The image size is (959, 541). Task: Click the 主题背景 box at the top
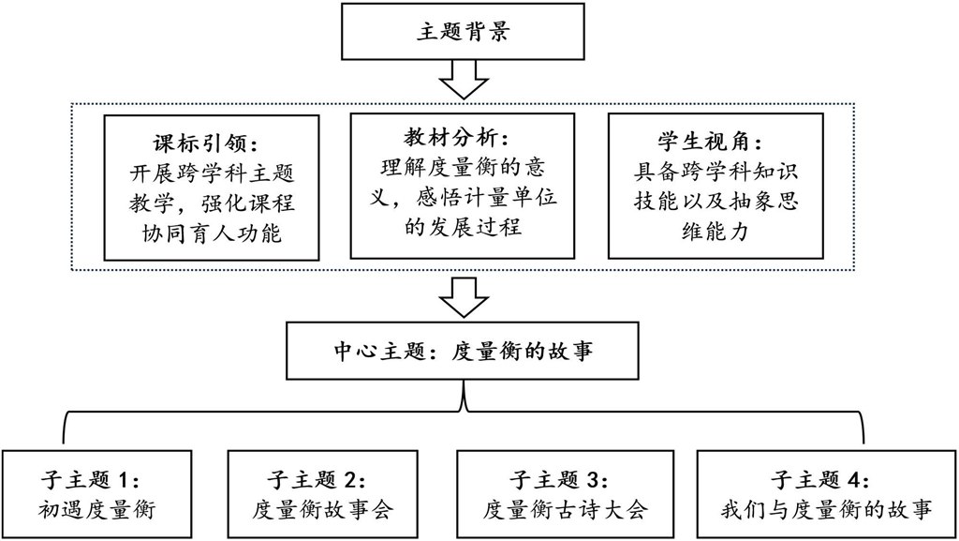[463, 31]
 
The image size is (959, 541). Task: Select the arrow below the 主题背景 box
[464, 80]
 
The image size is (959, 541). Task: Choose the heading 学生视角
[710, 142]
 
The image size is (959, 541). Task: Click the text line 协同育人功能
[212, 233]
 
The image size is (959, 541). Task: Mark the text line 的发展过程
[463, 227]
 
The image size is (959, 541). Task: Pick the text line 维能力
[715, 232]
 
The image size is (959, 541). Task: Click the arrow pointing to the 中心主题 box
[464, 297]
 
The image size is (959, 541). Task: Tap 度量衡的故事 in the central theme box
[522, 352]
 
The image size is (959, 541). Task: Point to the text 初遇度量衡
[96, 509]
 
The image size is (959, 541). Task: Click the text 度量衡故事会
[323, 509]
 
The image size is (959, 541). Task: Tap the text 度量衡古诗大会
[565, 509]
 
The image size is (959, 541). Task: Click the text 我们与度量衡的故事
[826, 509]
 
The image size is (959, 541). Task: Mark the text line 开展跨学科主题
[212, 173]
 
